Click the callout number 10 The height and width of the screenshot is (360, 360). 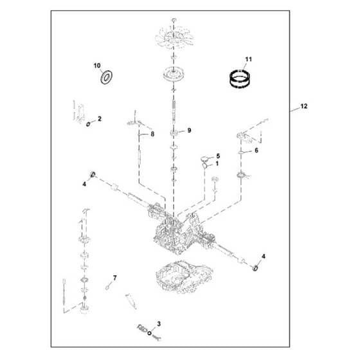(x=97, y=66)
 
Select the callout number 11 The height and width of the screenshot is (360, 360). (x=248, y=59)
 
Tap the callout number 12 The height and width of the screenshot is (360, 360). (x=303, y=106)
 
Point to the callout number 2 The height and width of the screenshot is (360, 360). (x=100, y=119)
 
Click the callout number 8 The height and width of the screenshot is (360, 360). (x=152, y=134)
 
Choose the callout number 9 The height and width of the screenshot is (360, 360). (x=189, y=130)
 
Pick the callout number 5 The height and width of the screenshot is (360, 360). (x=218, y=156)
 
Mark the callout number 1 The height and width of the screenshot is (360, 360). (x=217, y=164)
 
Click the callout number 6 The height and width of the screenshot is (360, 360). (x=256, y=150)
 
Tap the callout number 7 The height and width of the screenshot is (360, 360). (x=114, y=278)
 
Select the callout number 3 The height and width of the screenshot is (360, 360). (x=159, y=324)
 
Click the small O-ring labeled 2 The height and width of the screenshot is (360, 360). (x=88, y=125)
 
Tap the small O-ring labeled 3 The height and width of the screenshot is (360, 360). (x=149, y=333)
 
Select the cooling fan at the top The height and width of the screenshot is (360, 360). (x=174, y=37)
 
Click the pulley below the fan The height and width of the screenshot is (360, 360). (x=174, y=75)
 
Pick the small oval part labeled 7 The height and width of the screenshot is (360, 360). (x=107, y=287)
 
